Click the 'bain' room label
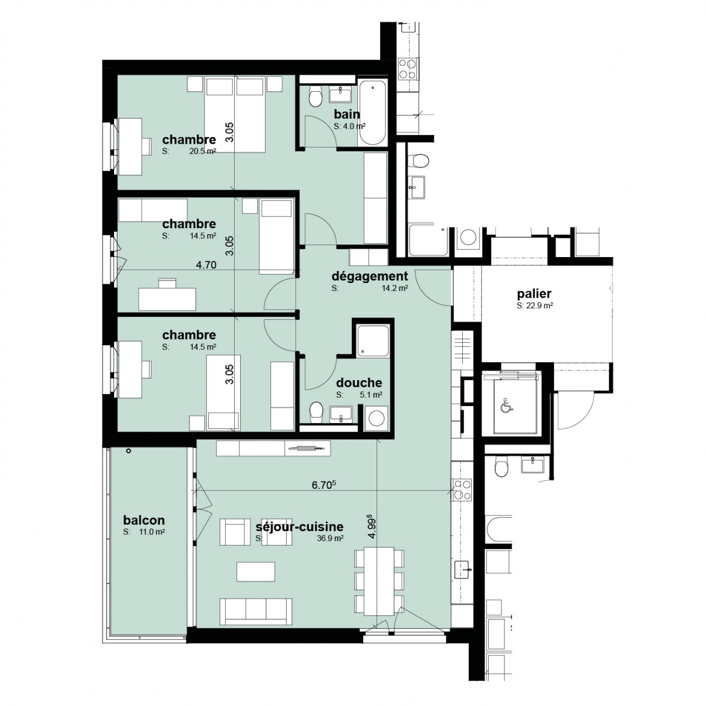tap(347, 114)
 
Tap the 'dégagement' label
tap(370, 276)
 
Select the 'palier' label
tap(534, 294)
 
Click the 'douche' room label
tap(359, 383)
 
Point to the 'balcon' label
tap(144, 520)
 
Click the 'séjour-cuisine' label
tap(299, 526)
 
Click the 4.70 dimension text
tap(206, 265)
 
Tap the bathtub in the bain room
tap(372, 113)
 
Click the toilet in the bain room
tap(316, 96)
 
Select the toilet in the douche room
tap(317, 412)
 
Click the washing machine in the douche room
tap(375, 418)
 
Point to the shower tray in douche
tap(372, 341)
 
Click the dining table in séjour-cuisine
tap(379, 581)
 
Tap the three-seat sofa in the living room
tap(256, 611)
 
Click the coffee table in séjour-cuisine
tap(256, 571)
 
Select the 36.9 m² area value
tap(331, 538)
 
